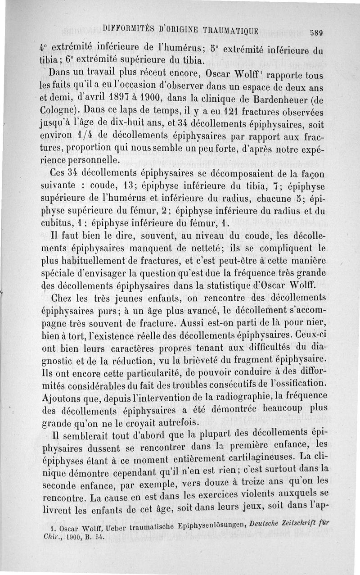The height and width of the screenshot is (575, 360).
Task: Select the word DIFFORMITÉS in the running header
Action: [129, 28]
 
